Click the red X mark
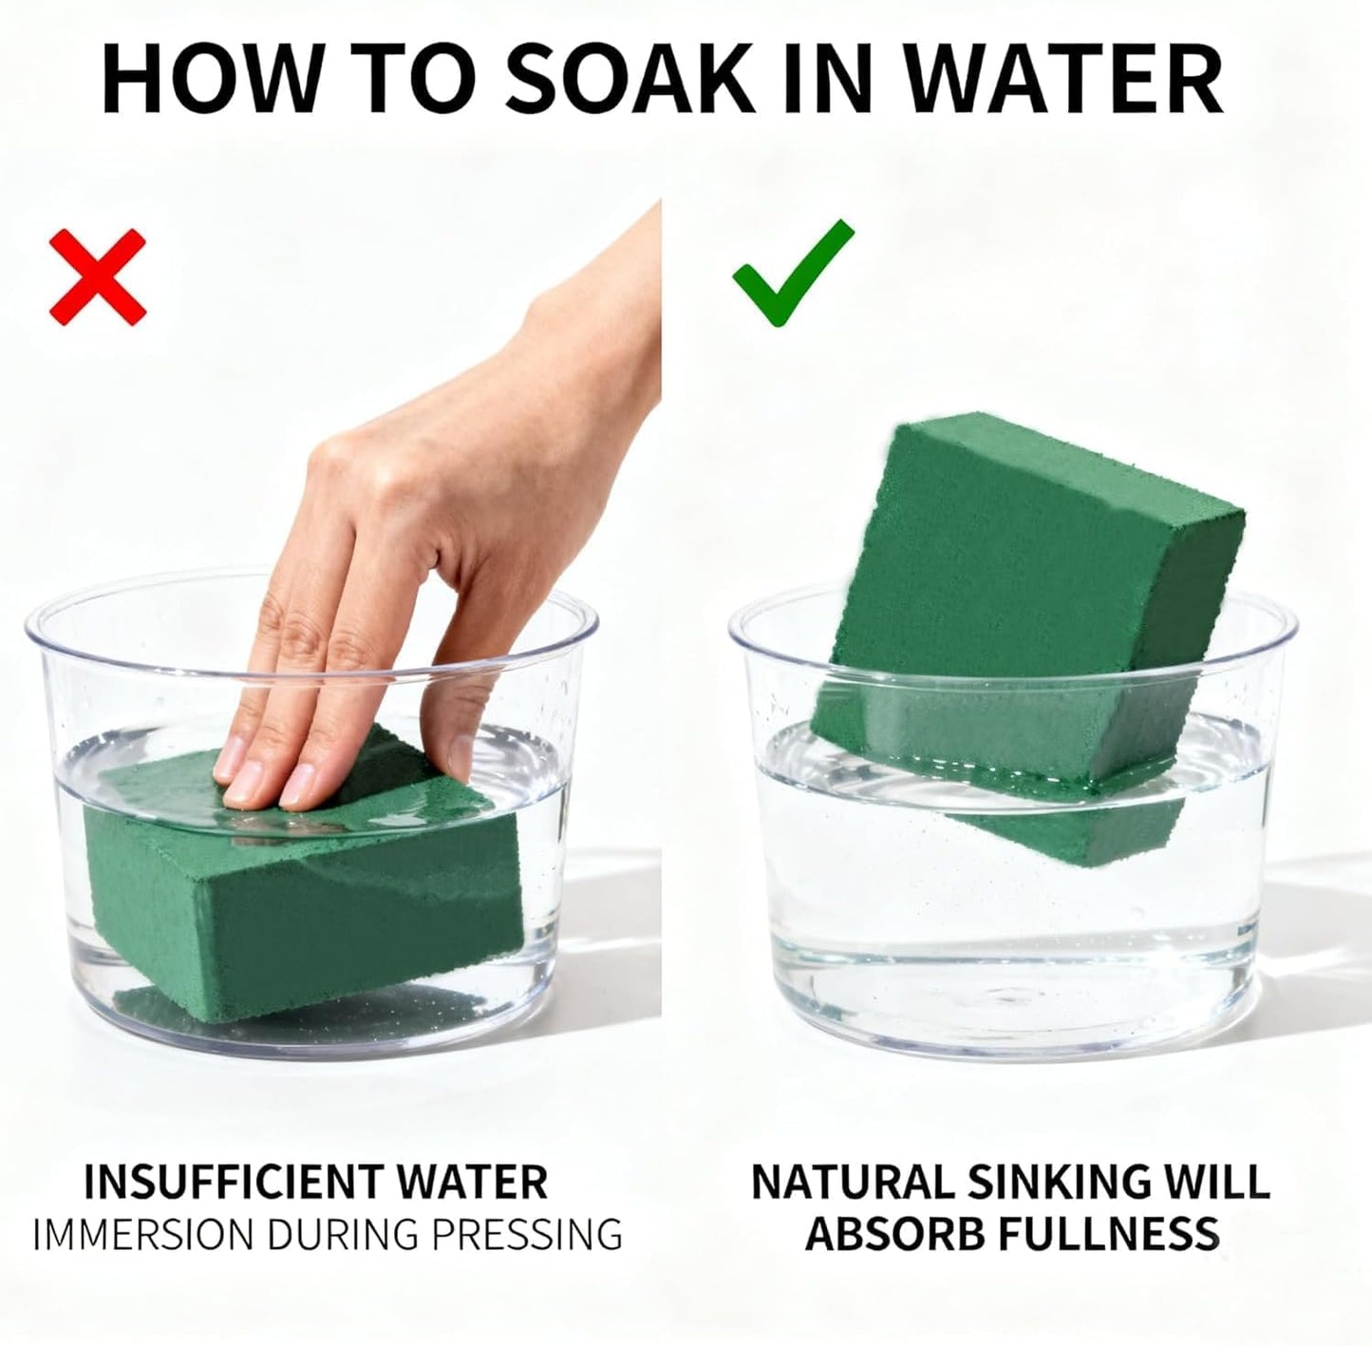(98, 277)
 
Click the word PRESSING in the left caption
(528, 1235)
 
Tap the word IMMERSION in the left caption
(143, 1235)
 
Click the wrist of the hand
(605, 299)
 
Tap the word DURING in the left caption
(343, 1235)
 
